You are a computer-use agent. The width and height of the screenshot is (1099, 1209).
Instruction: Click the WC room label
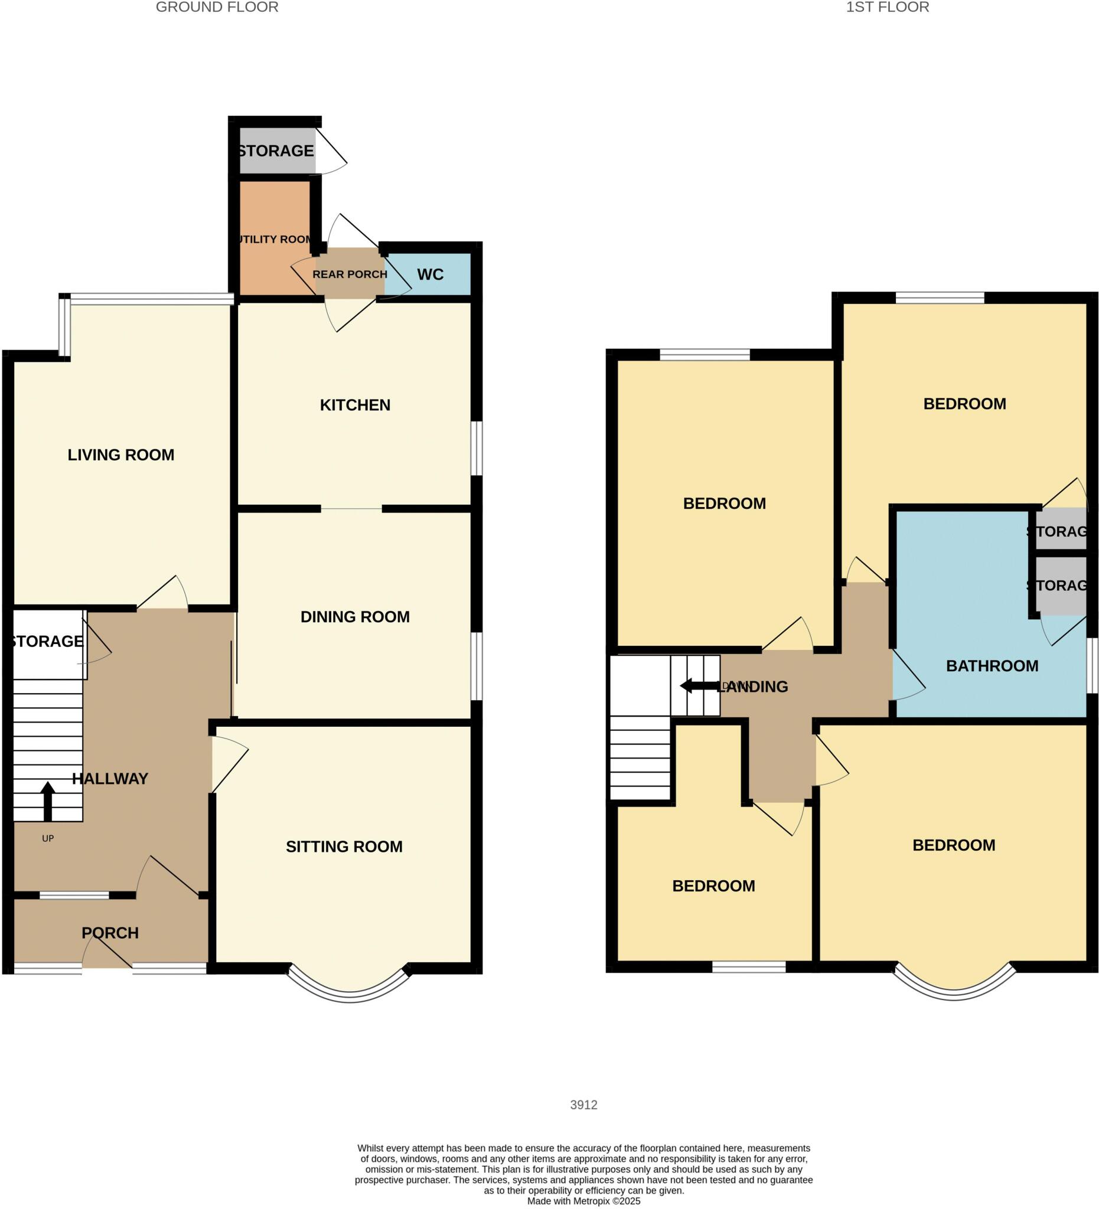(430, 274)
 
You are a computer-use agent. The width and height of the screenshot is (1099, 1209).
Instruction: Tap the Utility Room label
(275, 239)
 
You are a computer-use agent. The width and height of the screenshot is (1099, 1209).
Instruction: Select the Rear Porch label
(350, 274)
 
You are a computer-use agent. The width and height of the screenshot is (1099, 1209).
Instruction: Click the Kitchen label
(354, 405)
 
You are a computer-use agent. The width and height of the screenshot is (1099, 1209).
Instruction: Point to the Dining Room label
(354, 616)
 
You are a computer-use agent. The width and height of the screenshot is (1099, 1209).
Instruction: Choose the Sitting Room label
(344, 846)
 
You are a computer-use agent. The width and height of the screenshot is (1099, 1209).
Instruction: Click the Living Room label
(120, 455)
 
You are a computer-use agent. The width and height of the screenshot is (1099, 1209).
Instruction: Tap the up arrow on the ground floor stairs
(48, 800)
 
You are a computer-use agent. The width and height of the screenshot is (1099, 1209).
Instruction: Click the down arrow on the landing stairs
(696, 685)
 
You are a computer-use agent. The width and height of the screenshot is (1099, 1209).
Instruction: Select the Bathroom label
(992, 666)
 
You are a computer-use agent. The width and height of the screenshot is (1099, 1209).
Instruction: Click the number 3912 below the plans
(583, 1105)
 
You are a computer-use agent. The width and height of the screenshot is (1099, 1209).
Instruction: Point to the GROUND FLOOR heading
(217, 7)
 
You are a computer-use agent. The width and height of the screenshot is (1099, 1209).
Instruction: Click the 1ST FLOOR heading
(886, 7)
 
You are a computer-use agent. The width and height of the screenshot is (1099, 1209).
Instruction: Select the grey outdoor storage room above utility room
(276, 151)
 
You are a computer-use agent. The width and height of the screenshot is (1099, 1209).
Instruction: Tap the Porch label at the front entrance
(110, 933)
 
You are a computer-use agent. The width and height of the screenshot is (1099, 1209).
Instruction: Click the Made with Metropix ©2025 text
(583, 1201)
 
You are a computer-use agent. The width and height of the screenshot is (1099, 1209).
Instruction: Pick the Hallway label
(110, 779)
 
